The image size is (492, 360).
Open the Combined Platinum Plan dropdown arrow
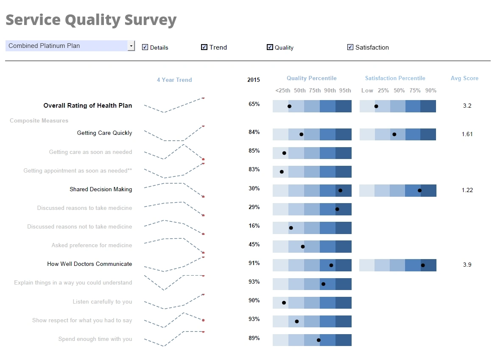[x=131, y=46]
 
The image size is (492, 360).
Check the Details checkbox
[x=145, y=47]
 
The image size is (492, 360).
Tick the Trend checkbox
[x=204, y=47]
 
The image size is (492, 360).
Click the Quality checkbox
[x=270, y=47]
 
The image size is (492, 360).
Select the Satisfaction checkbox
[x=350, y=47]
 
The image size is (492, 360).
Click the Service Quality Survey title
[x=91, y=20]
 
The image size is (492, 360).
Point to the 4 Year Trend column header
[x=174, y=80]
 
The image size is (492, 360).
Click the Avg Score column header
[x=464, y=78]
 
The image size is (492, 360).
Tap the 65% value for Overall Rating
[x=254, y=104]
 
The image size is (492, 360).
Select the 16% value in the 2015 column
[x=254, y=226]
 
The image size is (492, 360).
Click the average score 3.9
[x=467, y=265]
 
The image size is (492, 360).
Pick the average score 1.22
[x=467, y=190]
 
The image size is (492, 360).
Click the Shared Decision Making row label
[x=101, y=189]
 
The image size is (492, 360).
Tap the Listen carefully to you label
[x=102, y=301]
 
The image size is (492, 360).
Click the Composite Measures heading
[x=39, y=121]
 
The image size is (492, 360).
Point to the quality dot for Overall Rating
[x=289, y=106]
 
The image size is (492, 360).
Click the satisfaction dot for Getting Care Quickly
[x=394, y=134]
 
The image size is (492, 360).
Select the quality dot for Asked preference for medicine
[x=303, y=246]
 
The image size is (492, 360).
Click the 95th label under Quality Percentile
[x=345, y=90]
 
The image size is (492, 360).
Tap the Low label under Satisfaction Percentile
[x=367, y=90]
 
